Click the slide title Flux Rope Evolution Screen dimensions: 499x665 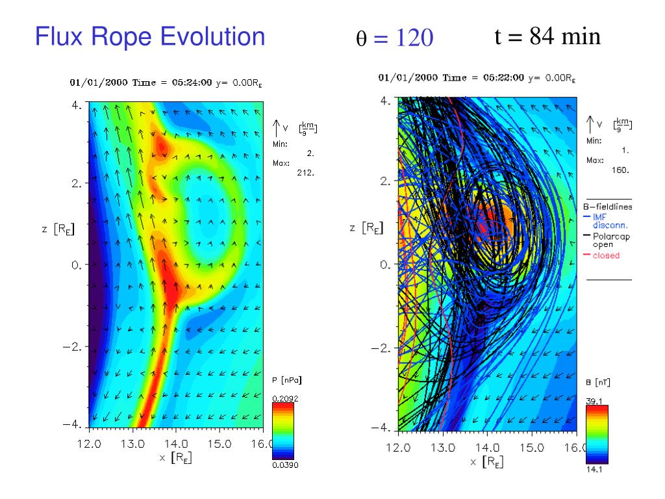(150, 36)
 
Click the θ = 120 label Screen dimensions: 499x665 (394, 39)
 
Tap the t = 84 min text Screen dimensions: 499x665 (547, 36)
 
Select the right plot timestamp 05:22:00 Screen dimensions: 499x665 (503, 78)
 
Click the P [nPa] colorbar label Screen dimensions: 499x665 (286, 379)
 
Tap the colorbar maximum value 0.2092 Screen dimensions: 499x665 (282, 398)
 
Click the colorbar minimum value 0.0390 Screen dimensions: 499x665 (283, 465)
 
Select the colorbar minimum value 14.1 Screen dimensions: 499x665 (594, 470)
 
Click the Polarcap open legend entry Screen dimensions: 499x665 (611, 240)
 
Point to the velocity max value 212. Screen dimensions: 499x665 (305, 173)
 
